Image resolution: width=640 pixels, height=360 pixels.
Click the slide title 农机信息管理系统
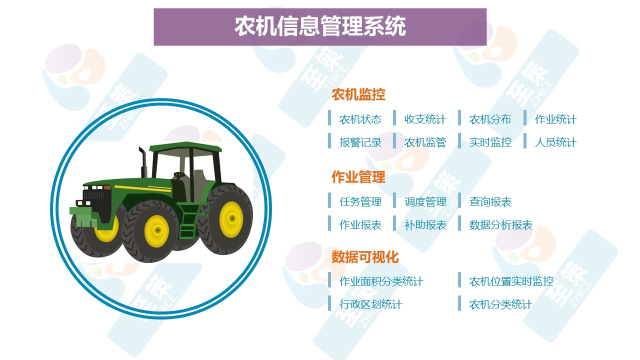(320, 26)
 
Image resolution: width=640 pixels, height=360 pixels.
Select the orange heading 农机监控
(358, 94)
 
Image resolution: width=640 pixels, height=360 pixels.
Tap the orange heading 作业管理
(358, 177)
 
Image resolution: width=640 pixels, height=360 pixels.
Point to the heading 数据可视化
(365, 257)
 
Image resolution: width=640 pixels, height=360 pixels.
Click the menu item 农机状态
(360, 119)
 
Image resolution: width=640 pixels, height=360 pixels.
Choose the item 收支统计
(425, 119)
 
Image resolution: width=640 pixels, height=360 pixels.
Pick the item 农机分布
(490, 119)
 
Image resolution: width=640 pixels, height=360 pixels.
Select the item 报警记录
(360, 142)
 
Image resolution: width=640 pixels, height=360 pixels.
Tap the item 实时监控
(490, 142)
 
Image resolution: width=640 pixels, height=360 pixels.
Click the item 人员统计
(555, 142)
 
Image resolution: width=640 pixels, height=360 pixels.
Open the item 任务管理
(360, 202)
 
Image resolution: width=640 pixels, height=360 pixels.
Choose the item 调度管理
(425, 202)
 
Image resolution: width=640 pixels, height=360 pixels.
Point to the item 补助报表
(425, 225)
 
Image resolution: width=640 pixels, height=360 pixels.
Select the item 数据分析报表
(501, 225)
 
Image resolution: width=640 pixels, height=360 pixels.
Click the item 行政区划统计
(371, 304)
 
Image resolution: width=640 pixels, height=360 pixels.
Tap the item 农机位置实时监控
(511, 281)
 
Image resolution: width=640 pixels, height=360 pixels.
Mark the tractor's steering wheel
(179, 175)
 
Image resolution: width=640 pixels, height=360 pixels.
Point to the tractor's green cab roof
(185, 147)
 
